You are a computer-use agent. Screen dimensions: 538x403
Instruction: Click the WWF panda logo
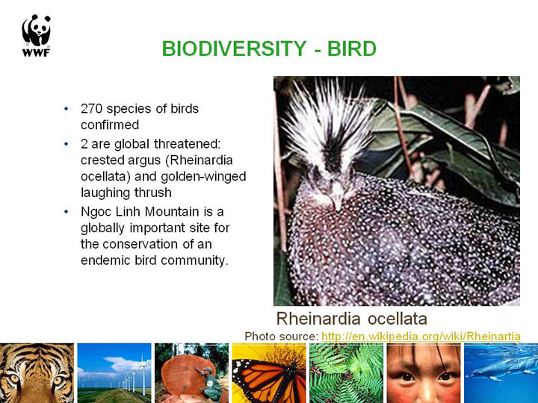[x=37, y=35]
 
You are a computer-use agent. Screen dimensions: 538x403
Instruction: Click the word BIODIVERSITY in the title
[x=234, y=49]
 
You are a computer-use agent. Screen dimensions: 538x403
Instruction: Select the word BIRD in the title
[x=352, y=49]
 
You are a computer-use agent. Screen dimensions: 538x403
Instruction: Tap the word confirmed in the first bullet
[x=110, y=125]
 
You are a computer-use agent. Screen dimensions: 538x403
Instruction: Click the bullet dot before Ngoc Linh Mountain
[x=67, y=212]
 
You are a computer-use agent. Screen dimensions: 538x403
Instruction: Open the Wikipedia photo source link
[x=421, y=336]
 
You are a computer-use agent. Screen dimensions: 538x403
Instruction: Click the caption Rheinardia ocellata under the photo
[x=352, y=319]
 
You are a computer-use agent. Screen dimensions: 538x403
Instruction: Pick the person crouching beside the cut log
[x=210, y=384]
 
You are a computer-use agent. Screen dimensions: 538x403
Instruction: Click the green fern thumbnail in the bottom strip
[x=346, y=373]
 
